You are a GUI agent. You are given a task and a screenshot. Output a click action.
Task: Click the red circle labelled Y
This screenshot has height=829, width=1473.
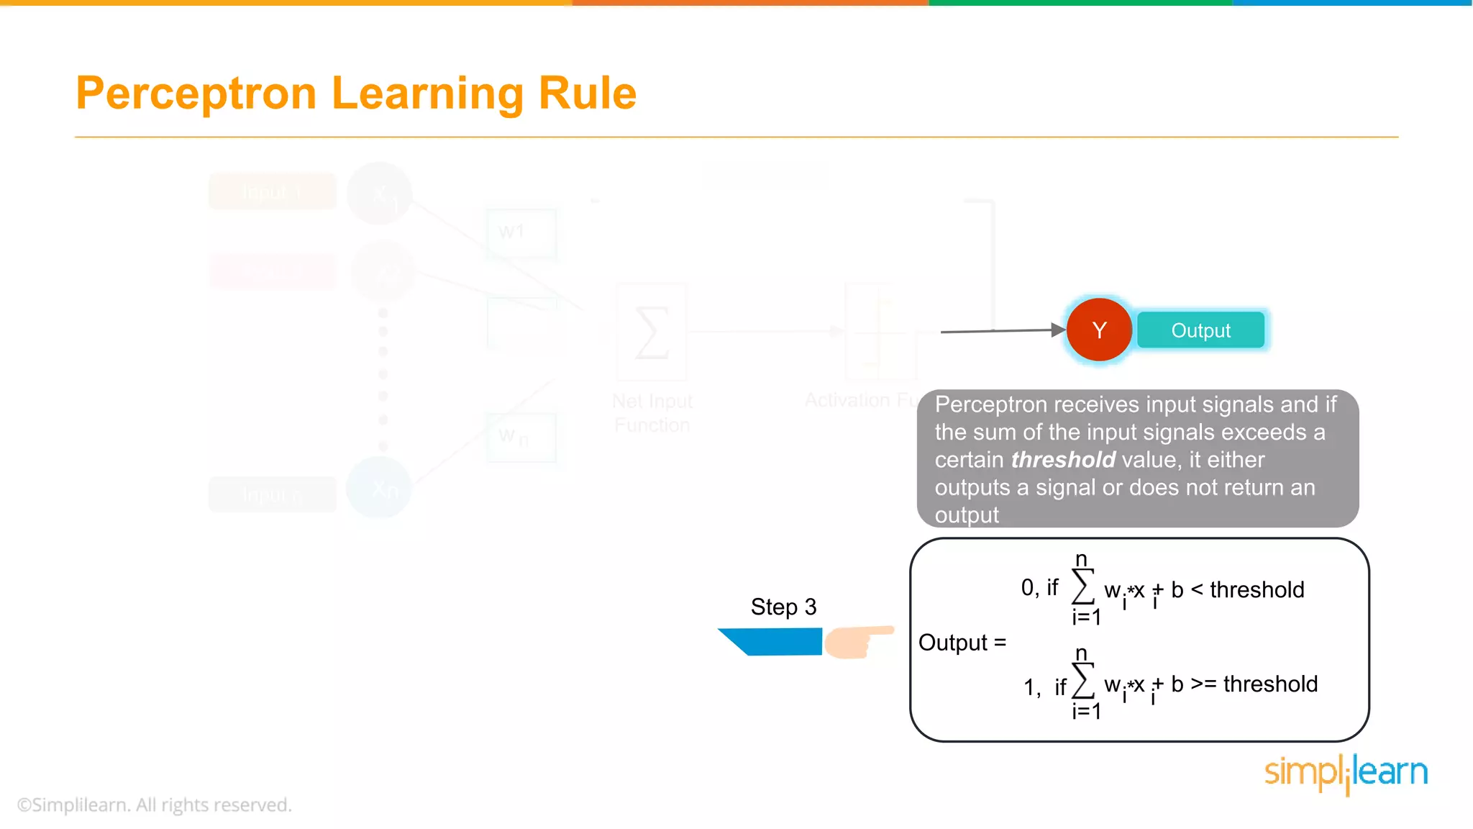[x=1099, y=330]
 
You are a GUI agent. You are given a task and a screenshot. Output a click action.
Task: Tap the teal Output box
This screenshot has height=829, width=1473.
[x=1200, y=330]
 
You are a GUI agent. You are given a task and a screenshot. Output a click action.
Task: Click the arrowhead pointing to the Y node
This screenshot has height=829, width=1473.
[x=1058, y=330]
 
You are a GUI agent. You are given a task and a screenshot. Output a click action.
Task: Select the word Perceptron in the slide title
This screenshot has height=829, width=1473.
[x=196, y=94]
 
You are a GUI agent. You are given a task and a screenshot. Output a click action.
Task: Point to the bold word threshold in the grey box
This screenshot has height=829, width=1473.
[x=1062, y=459]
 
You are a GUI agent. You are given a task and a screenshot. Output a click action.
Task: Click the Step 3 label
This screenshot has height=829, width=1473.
[x=783, y=607]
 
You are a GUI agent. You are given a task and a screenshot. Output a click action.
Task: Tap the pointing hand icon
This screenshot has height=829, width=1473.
[x=856, y=641]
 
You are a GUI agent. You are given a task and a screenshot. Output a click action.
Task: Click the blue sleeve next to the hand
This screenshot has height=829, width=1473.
[x=773, y=641]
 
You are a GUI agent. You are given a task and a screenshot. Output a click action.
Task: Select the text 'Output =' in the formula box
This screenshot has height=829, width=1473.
[x=962, y=642]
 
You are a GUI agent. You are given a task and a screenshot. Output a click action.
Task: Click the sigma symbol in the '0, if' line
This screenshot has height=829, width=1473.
[x=1082, y=587]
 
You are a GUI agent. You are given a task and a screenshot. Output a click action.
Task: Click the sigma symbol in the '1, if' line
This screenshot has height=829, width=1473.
[x=1082, y=681]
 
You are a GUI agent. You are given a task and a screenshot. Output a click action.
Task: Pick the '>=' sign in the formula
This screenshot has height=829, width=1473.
[x=1203, y=684]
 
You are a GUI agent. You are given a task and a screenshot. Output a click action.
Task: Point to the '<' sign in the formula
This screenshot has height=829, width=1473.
[x=1197, y=589]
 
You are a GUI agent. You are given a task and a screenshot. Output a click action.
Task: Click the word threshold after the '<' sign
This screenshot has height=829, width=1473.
[x=1257, y=589]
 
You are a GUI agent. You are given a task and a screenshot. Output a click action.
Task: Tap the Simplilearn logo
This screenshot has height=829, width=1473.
[x=1346, y=774]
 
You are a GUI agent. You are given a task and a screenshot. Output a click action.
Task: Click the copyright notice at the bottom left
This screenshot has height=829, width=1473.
[x=155, y=805]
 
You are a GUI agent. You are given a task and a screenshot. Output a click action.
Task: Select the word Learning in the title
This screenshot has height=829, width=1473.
[x=427, y=94]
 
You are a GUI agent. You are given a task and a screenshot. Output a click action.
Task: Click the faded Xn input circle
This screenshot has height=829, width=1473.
[x=379, y=489]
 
